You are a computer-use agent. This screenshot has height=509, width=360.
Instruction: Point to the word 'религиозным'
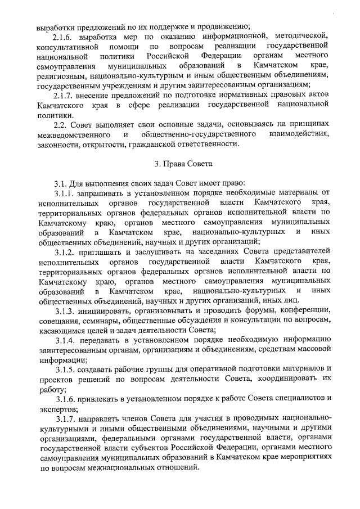click(x=62, y=76)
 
